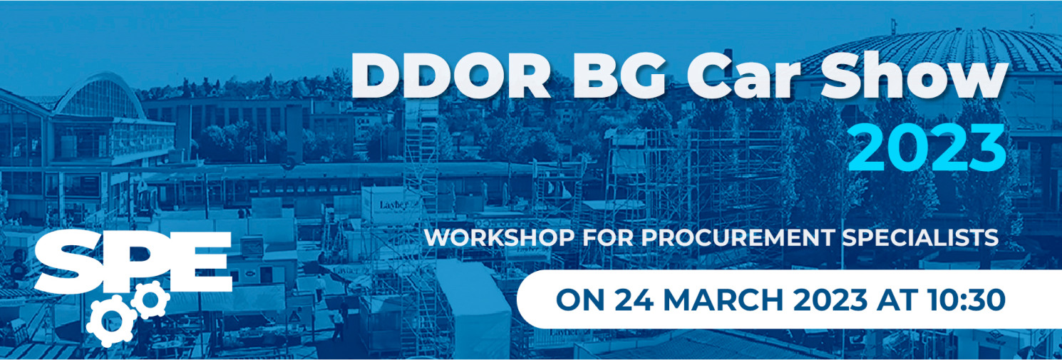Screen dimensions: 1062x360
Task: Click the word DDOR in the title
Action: pos(450,76)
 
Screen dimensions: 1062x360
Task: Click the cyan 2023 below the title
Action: pos(927,148)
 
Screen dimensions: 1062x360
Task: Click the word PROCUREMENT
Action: pos(737,237)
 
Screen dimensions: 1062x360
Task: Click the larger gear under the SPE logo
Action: pos(110,322)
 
